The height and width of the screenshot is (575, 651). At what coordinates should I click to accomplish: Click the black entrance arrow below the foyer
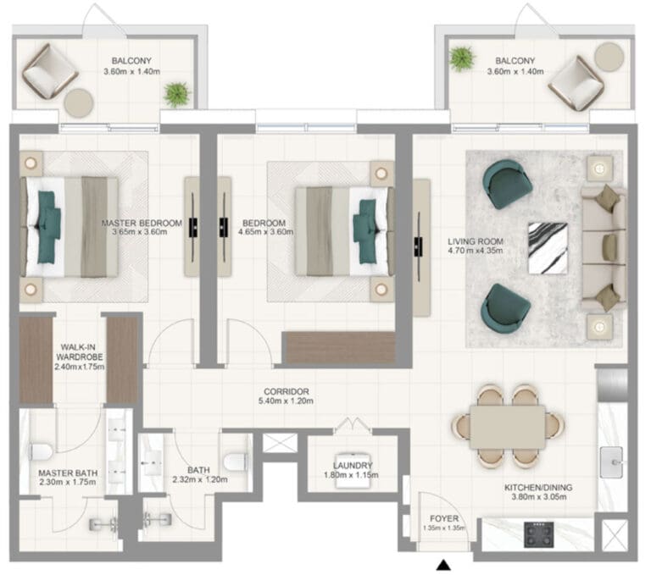[444, 565]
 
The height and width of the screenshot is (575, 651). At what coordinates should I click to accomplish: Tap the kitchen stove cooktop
[539, 534]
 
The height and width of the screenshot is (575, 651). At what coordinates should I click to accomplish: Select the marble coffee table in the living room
[548, 248]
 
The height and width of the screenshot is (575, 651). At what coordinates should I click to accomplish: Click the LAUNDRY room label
[353, 465]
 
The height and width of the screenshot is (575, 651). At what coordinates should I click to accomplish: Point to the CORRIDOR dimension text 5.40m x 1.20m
[286, 401]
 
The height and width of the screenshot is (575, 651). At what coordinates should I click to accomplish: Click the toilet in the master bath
[41, 451]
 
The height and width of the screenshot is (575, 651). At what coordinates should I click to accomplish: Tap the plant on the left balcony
[177, 95]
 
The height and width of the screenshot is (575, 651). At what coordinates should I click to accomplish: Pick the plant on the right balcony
[462, 58]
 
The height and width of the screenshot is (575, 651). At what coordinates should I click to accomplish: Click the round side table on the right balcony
[609, 58]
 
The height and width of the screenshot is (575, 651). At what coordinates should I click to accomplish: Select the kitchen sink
[611, 462]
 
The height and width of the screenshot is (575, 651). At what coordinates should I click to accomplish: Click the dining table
[508, 428]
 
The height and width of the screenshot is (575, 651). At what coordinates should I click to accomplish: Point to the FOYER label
[444, 518]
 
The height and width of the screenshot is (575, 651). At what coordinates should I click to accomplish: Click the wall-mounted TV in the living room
[419, 247]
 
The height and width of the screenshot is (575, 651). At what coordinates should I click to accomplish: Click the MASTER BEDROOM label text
[142, 223]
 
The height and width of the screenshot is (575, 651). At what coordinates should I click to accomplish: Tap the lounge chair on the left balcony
[50, 71]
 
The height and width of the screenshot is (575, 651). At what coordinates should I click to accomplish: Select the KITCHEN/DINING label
[538, 487]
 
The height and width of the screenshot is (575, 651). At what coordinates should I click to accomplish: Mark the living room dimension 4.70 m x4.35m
[476, 251]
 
